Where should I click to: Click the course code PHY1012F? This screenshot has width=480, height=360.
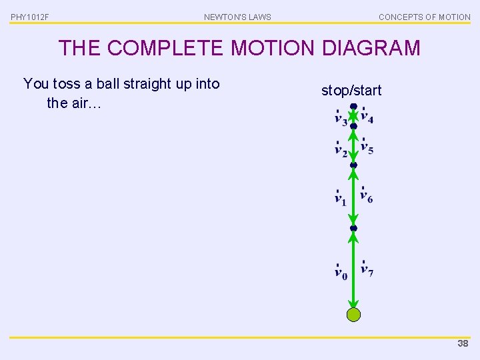tap(30, 17)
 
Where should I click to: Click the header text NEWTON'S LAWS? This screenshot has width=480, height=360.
tap(237, 17)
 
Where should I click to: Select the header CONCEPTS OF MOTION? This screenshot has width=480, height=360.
tap(424, 17)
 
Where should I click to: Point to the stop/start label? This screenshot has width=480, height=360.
tap(351, 90)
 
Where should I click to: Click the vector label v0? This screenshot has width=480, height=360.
tap(341, 272)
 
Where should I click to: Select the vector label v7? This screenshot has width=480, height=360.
tap(367, 269)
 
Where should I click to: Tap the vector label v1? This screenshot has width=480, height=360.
tap(340, 197)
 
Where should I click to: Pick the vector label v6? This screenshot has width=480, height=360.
tap(367, 195)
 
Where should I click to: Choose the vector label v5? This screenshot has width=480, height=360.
tap(367, 147)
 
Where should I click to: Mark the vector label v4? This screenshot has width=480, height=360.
tap(367, 117)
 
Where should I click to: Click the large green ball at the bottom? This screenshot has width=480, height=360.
tap(353, 315)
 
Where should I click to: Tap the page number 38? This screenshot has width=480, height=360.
tap(463, 343)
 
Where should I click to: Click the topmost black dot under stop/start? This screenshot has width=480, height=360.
tap(353, 107)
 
